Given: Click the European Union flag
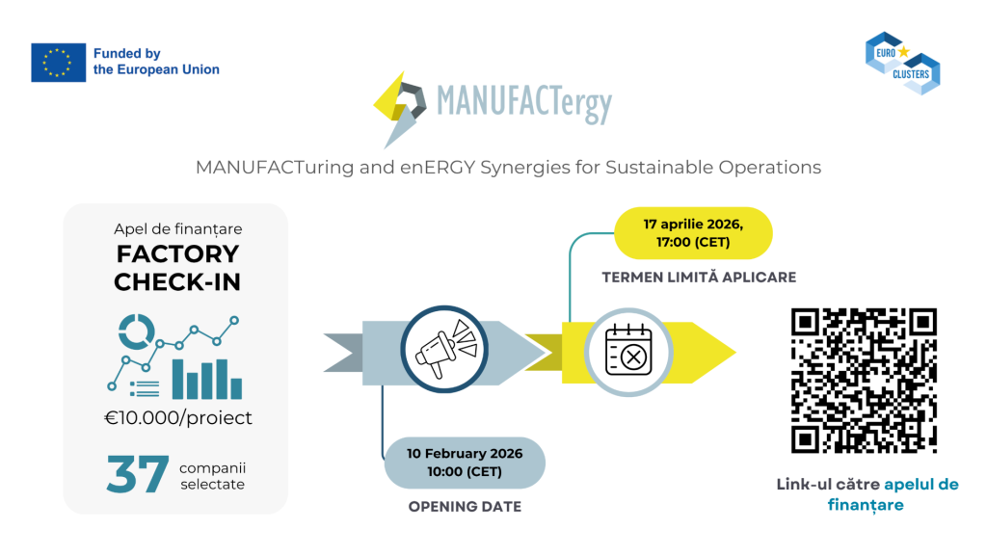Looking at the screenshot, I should (58, 63).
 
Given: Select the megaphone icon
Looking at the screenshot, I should (444, 351).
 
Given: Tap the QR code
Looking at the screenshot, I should (864, 380).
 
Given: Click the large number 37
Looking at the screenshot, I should (138, 475).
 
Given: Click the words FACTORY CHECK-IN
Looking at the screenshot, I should (176, 268).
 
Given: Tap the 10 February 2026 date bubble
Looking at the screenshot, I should (465, 462).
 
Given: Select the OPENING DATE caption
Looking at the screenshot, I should (465, 507).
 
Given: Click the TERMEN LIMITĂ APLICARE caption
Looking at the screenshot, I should (699, 278).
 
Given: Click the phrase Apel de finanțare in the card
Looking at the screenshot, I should (176, 229).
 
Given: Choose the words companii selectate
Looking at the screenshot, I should (212, 476).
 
